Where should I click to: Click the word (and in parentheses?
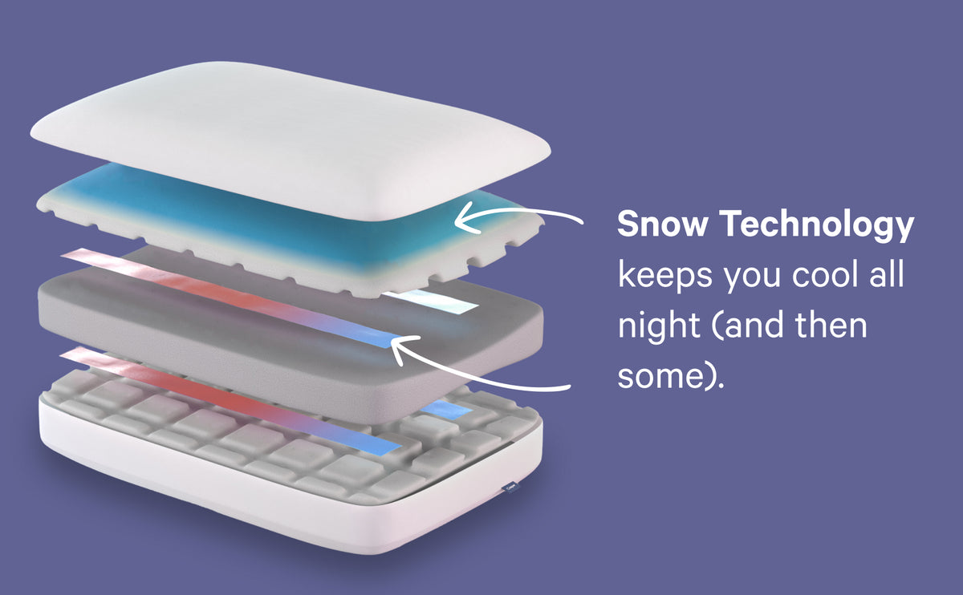click(x=750, y=328)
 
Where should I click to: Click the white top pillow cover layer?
click(x=289, y=128)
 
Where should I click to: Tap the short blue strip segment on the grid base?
click(x=447, y=409)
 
